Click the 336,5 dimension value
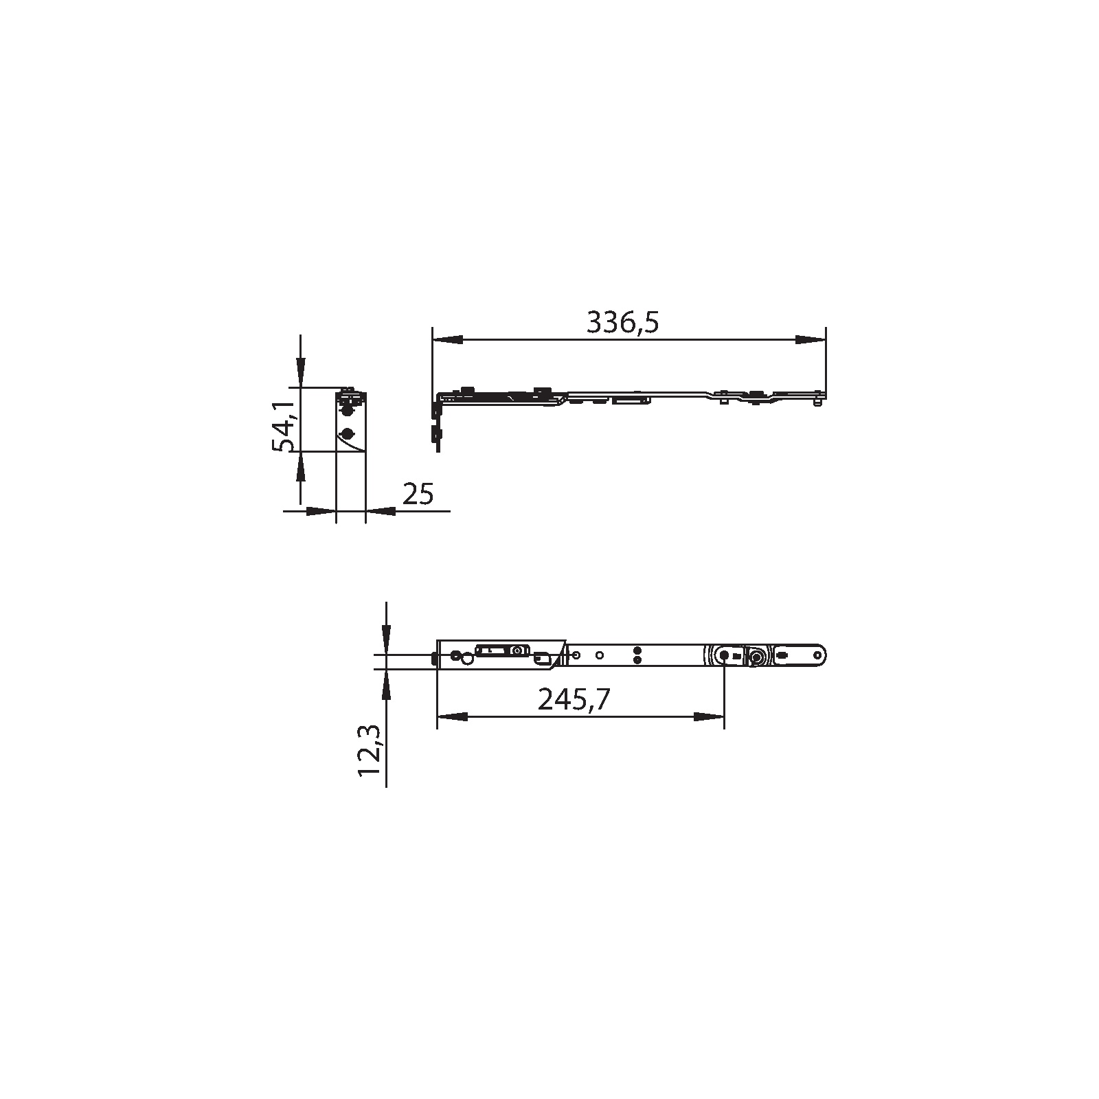coord(622,322)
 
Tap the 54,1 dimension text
coord(284,426)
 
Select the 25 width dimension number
coord(418,494)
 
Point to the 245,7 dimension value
coord(574,699)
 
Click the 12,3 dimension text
coord(369,752)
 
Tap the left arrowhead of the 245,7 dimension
coord(452,716)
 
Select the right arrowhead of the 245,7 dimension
coord(709,716)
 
